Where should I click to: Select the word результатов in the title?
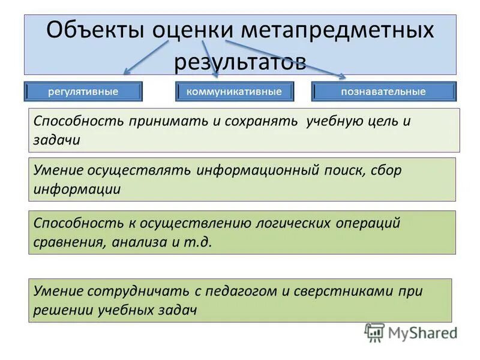point(240,61)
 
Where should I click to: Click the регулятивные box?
point(83,92)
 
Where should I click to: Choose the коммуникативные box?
point(235,92)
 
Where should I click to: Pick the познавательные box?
point(383,92)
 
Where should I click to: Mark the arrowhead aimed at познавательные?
point(342,76)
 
